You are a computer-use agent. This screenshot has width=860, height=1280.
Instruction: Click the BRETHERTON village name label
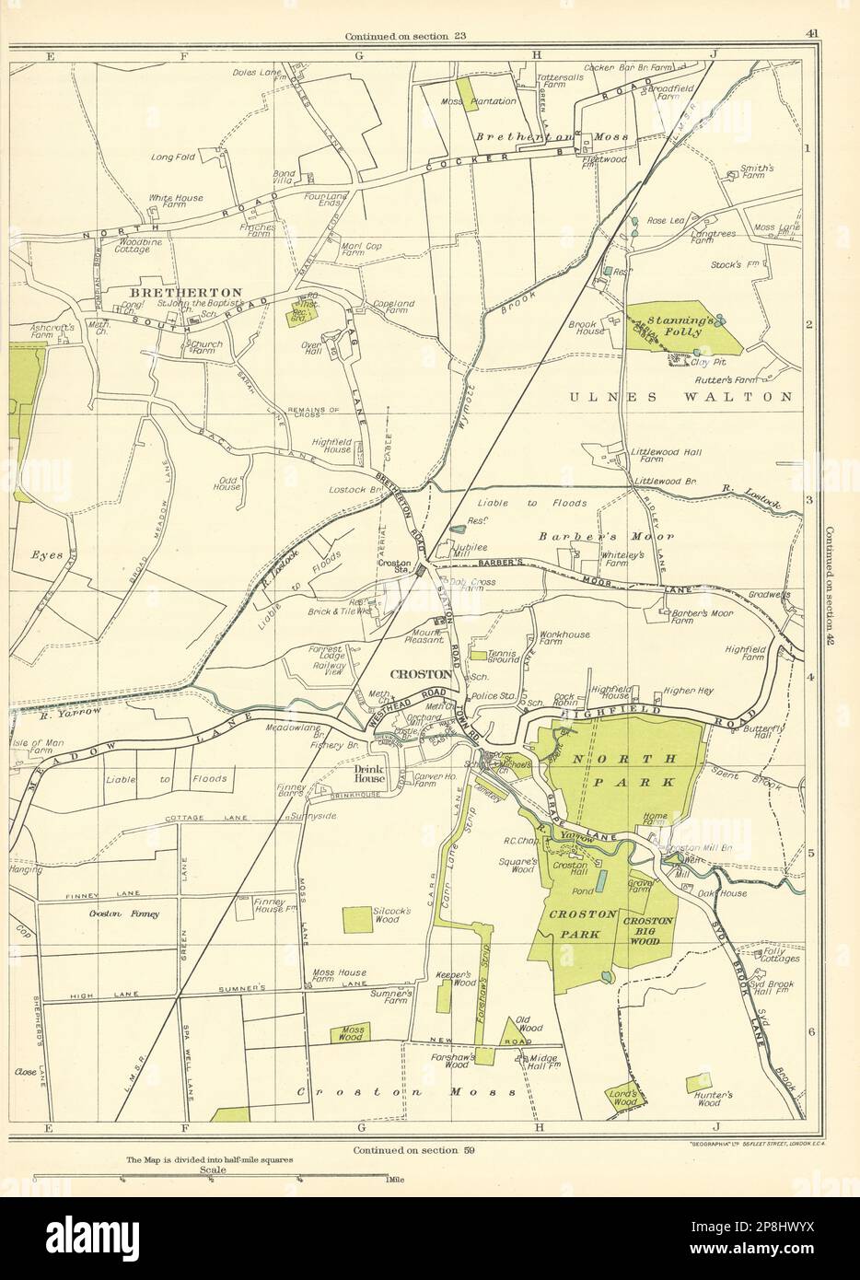[x=180, y=292]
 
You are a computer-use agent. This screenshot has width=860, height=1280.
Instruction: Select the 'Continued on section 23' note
[x=405, y=37]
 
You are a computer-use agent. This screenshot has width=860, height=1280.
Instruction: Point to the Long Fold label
[x=173, y=157]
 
